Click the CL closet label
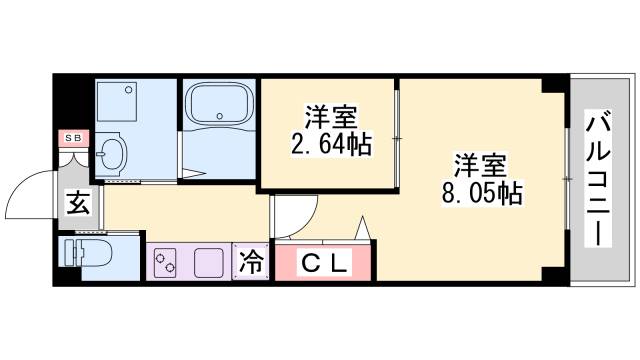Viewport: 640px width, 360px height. click(325, 264)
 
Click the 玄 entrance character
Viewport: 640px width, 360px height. click(78, 204)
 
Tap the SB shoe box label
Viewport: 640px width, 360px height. click(73, 137)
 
